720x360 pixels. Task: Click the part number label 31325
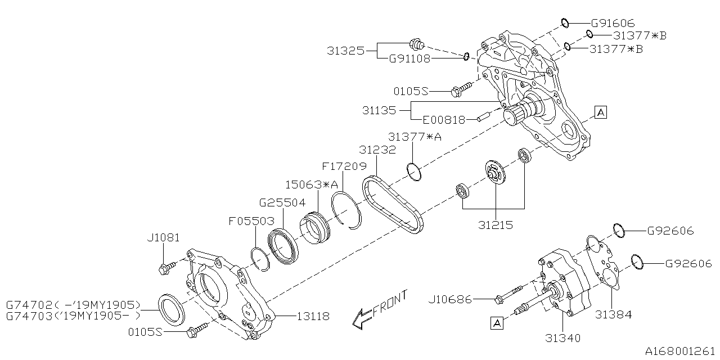(345, 51)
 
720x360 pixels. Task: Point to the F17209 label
(344, 166)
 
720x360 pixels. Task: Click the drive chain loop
(393, 206)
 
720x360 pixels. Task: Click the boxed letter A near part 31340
(496, 322)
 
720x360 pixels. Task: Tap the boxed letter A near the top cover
(600, 112)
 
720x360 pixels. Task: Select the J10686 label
(453, 299)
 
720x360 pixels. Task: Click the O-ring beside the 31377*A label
(413, 173)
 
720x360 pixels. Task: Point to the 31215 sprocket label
(496, 224)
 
